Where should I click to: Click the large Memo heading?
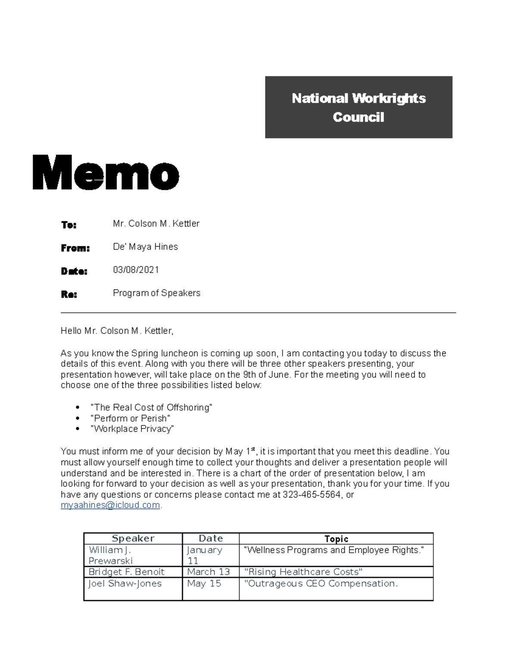106,173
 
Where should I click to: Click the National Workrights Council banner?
358,107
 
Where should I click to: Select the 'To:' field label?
69,225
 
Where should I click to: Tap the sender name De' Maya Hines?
145,247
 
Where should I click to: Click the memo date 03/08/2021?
136,270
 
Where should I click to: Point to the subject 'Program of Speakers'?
156,293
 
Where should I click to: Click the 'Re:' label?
69,295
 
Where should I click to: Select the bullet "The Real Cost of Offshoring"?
151,407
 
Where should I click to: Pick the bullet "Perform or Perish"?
130,418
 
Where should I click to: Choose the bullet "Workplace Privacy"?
132,429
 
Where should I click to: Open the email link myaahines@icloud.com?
110,505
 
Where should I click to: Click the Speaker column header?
133,538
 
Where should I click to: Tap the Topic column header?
336,538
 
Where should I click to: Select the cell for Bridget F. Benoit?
126,572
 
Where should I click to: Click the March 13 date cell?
209,572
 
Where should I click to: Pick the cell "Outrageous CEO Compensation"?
321,584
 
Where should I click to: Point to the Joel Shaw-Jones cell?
125,584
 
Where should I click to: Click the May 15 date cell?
204,584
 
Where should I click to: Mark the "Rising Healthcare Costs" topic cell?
303,572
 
